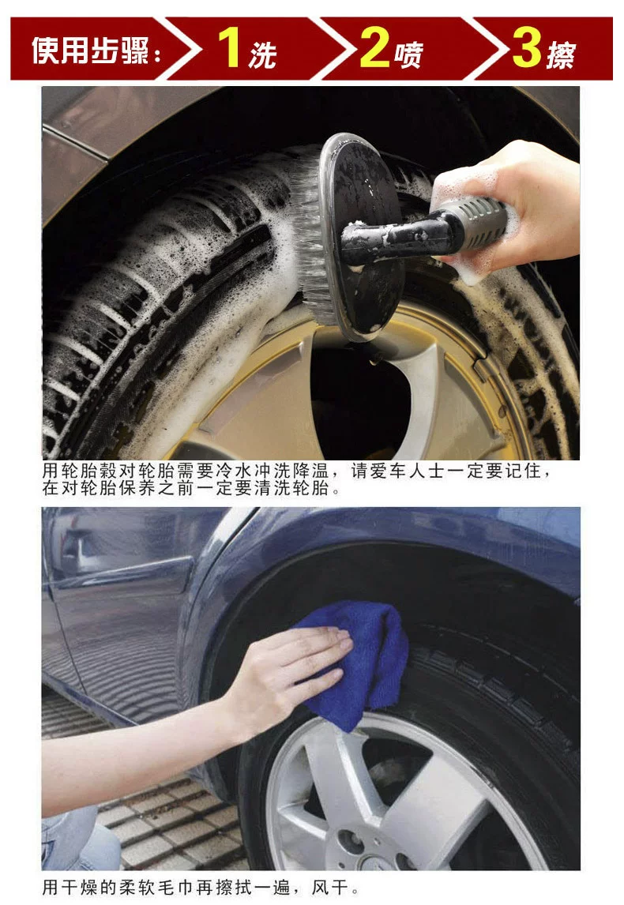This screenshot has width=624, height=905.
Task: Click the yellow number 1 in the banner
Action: [x=230, y=47]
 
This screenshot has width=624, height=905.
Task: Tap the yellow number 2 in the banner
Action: [x=375, y=47]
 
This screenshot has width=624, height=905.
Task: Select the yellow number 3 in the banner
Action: [x=526, y=47]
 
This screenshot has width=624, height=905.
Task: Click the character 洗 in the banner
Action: [x=263, y=55]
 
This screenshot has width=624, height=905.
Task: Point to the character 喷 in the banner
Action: [x=409, y=55]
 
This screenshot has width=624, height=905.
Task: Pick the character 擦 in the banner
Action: [x=562, y=55]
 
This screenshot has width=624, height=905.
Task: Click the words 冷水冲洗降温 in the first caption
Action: [x=272, y=471]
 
